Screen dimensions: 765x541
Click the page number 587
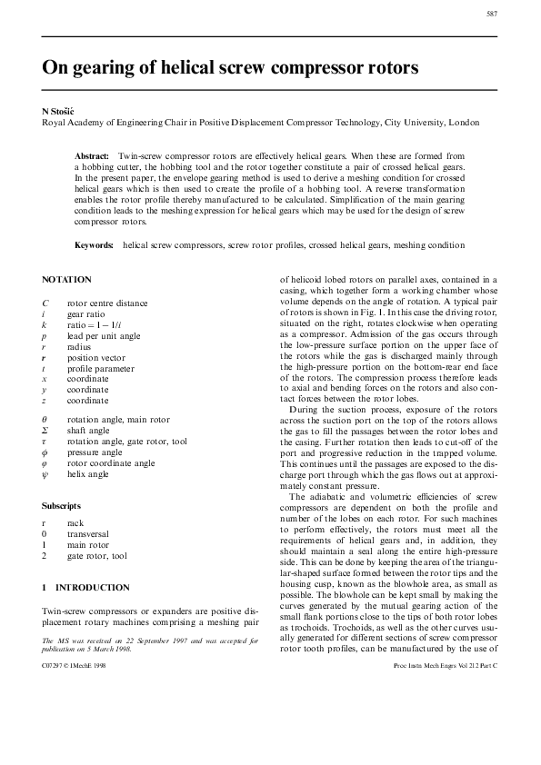tap(491, 15)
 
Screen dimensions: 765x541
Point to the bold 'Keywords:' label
tap(94, 245)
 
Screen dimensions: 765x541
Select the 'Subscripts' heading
tap(62, 504)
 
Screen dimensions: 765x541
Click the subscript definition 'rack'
tap(75, 523)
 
